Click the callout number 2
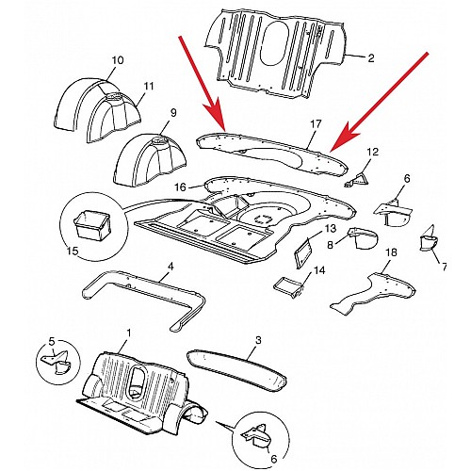pos(370,57)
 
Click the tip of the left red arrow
pos(223,129)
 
